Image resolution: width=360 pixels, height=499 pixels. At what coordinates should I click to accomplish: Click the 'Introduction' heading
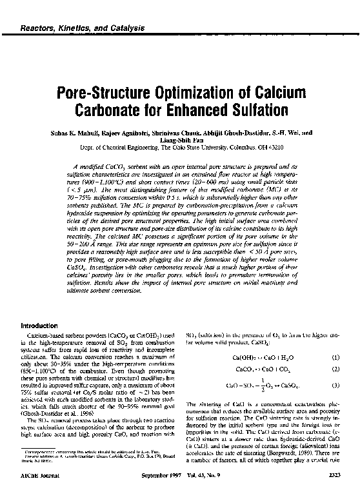point(41,326)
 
